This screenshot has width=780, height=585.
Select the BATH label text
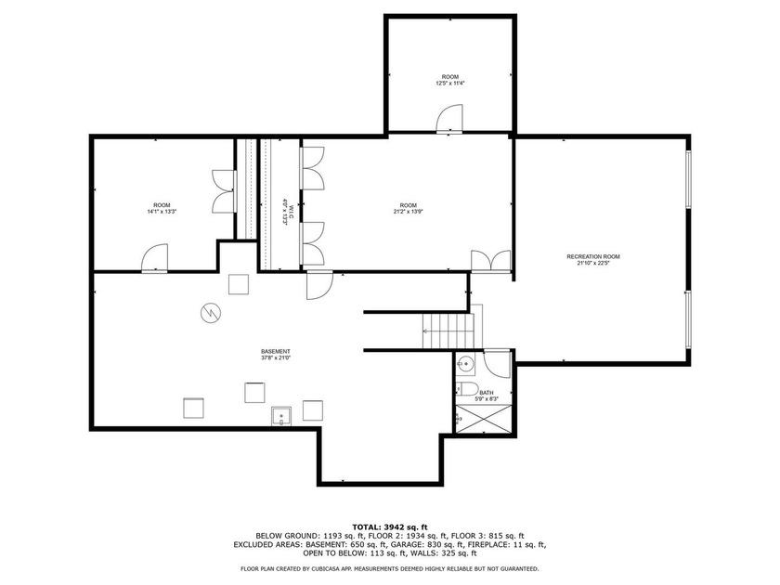click(487, 393)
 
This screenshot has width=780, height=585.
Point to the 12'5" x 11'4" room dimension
click(450, 84)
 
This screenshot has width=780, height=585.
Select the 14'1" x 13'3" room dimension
click(162, 212)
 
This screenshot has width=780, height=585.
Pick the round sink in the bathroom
click(466, 364)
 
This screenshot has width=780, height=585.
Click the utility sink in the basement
click(280, 415)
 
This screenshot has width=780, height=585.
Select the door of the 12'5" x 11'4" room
click(449, 118)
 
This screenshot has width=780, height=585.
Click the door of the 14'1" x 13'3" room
click(154, 258)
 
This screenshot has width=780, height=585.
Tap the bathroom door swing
click(498, 362)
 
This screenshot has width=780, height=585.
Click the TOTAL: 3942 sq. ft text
click(390, 526)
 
